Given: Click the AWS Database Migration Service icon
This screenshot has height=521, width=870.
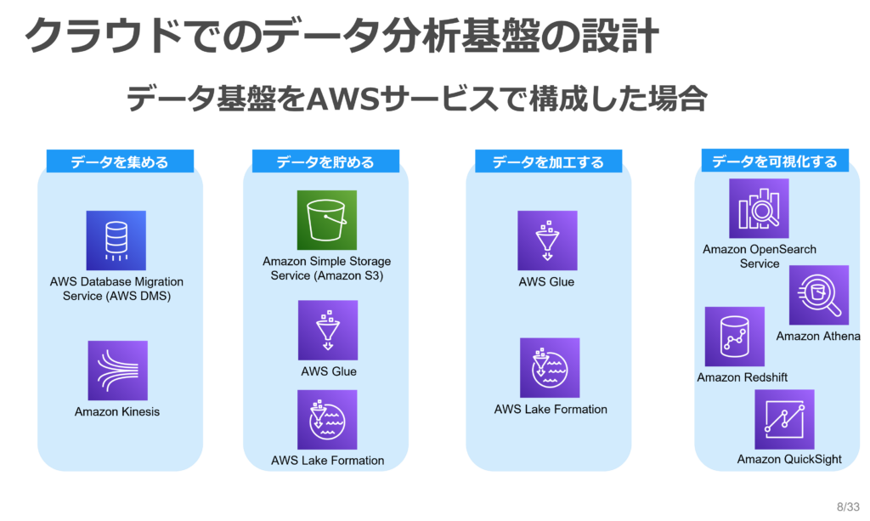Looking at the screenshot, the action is click(116, 241).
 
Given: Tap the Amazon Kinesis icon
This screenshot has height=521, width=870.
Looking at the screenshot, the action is click(117, 371).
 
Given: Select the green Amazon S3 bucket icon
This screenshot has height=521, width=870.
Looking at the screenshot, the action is click(327, 220).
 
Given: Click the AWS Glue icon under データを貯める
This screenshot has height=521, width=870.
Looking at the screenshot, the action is click(328, 330).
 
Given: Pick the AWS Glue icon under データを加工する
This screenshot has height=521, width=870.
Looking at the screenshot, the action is click(548, 241).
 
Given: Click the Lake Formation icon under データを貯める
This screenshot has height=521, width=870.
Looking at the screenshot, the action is click(327, 420).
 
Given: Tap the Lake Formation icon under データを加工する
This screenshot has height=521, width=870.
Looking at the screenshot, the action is click(550, 368).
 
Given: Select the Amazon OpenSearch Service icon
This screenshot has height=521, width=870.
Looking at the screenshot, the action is click(759, 208).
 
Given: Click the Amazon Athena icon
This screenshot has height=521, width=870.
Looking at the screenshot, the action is click(819, 295).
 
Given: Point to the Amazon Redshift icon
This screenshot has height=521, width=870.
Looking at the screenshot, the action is click(735, 337).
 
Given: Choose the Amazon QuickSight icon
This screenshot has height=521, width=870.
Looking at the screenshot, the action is click(784, 420).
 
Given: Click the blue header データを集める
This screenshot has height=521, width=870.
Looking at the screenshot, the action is click(120, 161).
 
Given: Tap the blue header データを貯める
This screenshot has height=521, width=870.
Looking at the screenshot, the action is click(325, 161).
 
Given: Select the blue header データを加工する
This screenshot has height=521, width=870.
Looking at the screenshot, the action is click(548, 161).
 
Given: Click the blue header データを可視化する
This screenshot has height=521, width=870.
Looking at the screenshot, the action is click(775, 161).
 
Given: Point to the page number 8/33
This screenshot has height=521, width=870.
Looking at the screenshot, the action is click(849, 507).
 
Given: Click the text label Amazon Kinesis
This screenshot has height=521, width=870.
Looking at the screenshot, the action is click(117, 411).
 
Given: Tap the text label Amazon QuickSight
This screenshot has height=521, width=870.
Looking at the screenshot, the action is click(789, 460).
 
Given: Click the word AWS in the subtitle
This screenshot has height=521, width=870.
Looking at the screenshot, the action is click(343, 99).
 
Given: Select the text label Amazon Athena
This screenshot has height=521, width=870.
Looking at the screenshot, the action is click(818, 337).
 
